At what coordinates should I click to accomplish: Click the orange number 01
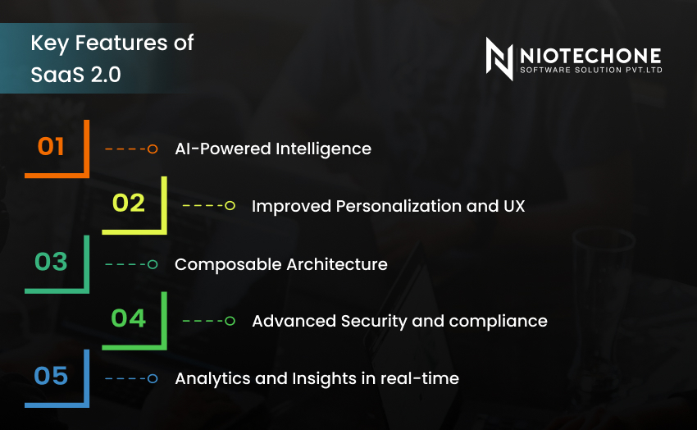point(51,147)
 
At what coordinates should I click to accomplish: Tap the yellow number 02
point(129,203)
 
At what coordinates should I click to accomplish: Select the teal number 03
point(51,262)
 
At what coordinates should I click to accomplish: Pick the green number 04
point(129,318)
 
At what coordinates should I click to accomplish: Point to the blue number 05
point(51,376)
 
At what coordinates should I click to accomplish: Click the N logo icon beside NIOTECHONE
point(499,58)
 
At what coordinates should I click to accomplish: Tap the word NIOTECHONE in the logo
point(590,55)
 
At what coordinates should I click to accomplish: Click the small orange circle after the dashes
point(153,149)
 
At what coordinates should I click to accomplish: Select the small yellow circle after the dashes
point(230,206)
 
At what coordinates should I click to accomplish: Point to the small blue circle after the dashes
point(153,378)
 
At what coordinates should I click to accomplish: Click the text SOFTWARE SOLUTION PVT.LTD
point(590,71)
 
